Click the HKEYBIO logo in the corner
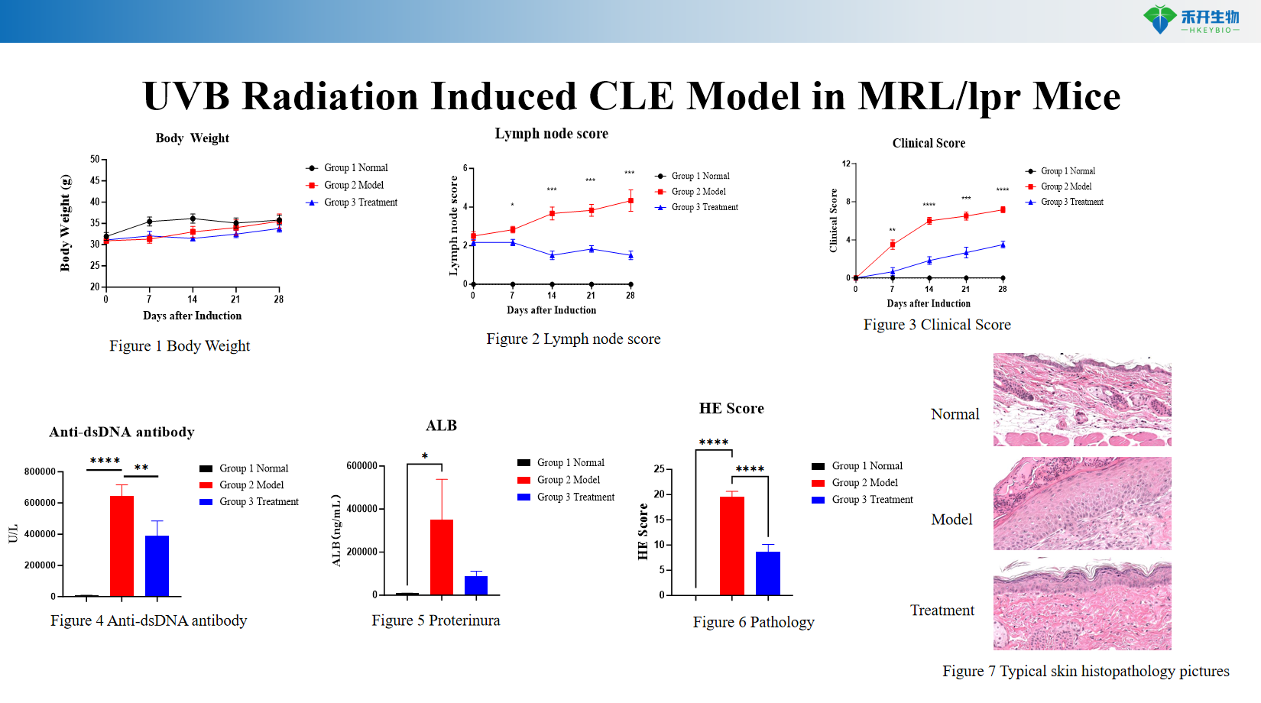click(x=1191, y=20)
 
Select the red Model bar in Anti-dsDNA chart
click(x=122, y=546)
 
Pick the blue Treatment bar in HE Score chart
click(x=768, y=573)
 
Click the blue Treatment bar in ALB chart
click(x=476, y=585)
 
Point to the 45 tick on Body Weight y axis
click(x=95, y=180)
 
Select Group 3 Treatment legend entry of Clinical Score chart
click(x=1071, y=202)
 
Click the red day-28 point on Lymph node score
click(x=630, y=201)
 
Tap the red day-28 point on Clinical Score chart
click(x=1003, y=209)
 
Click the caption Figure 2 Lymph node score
click(x=573, y=339)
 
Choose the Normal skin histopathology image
click(x=1081, y=400)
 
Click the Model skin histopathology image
click(x=1081, y=504)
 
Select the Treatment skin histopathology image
click(x=1081, y=605)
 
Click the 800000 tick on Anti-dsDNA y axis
click(x=40, y=471)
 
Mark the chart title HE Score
click(x=731, y=408)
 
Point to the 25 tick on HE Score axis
click(x=659, y=469)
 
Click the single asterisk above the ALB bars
click(x=425, y=456)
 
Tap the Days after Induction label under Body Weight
click(x=192, y=316)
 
